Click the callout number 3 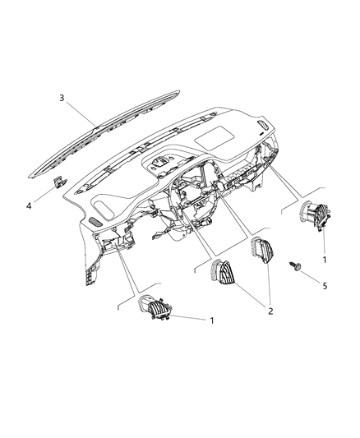(61, 99)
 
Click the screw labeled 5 (293, 267)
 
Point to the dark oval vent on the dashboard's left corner (95, 221)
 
